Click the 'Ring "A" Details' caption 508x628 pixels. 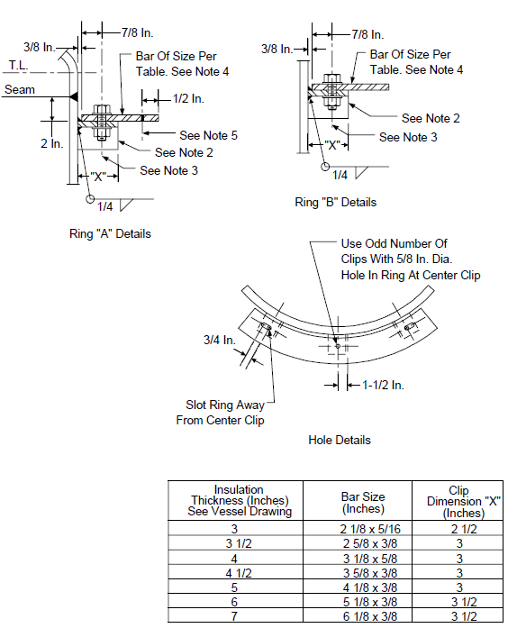pos(110,233)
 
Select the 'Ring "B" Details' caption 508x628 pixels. pos(335,202)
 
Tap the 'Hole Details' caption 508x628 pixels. pos(340,440)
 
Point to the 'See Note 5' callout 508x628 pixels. pos(208,135)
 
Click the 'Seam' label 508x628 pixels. pos(20,89)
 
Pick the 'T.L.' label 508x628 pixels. pos(18,65)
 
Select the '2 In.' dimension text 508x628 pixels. pos(51,143)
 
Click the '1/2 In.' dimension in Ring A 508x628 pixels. pos(188,98)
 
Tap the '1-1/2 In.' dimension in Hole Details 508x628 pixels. pos(383,385)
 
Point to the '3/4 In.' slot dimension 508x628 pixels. pos(220,340)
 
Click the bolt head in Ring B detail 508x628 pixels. pos(331,78)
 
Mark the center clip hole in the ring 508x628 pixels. pos(338,346)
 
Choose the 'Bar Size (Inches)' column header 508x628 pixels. pos(363,502)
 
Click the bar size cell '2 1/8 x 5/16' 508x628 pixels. pos(370,529)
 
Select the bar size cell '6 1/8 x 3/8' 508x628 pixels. pos(370,616)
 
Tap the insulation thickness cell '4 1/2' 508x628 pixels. pos(239,573)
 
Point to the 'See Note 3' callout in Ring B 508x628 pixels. pos(408,137)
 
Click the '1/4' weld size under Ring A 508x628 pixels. pos(104,206)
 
